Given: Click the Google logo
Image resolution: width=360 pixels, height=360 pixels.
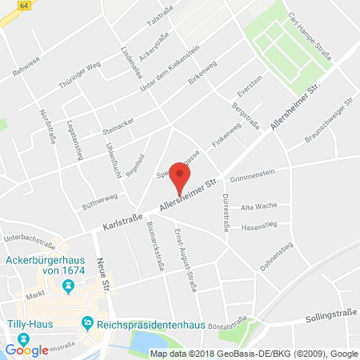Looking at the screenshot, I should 26,349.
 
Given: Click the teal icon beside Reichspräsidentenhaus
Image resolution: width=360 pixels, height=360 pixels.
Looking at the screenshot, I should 86,323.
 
